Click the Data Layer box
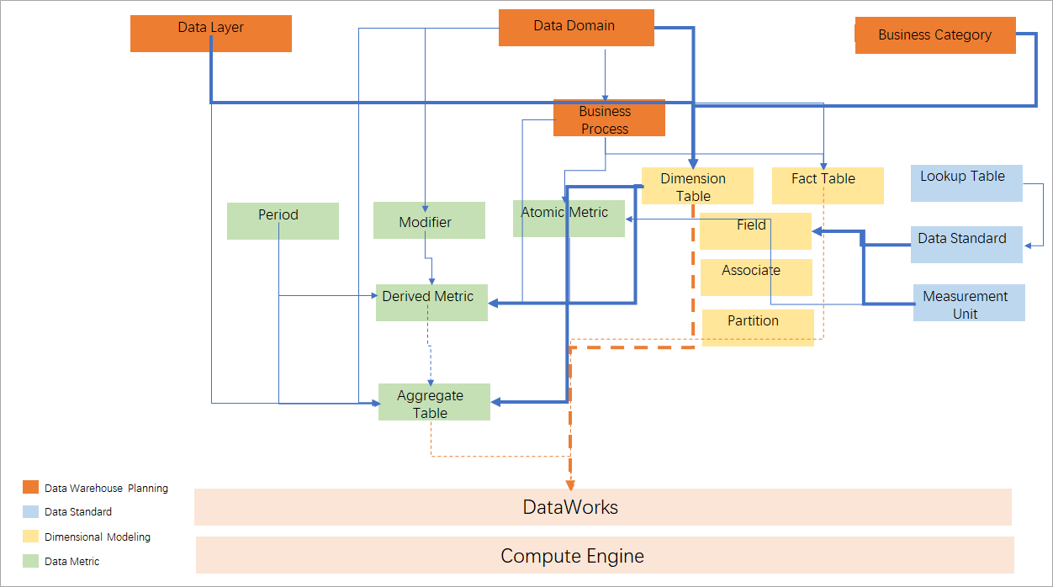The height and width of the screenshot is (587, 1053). click(x=211, y=34)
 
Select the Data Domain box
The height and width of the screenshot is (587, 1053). click(x=576, y=28)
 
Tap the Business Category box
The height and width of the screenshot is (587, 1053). click(x=935, y=35)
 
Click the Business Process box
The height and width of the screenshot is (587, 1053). click(x=609, y=119)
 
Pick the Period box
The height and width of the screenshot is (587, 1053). click(x=283, y=220)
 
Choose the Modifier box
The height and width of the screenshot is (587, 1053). click(x=429, y=220)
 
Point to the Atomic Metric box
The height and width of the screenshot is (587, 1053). click(x=569, y=218)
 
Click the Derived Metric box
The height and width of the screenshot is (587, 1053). click(x=431, y=302)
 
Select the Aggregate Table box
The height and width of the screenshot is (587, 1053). click(x=434, y=402)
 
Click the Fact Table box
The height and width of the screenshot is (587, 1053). click(x=828, y=185)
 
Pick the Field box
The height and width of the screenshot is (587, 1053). click(x=754, y=230)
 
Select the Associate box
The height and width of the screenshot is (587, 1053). click(x=756, y=277)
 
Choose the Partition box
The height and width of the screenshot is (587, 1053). click(x=758, y=327)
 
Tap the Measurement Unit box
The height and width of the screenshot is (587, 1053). click(x=969, y=303)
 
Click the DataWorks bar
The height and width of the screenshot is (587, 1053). click(x=602, y=507)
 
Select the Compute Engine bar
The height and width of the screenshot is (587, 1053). click(x=605, y=555)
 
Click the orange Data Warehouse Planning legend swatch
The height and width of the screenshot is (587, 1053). click(x=30, y=487)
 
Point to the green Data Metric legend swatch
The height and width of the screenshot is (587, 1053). click(x=30, y=560)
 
